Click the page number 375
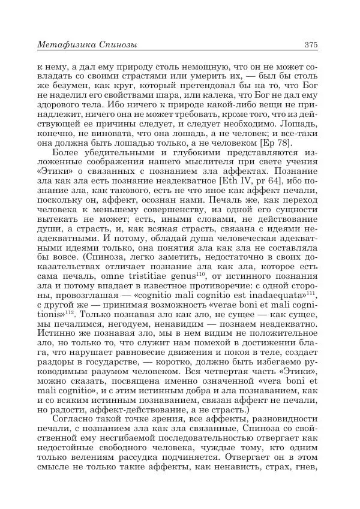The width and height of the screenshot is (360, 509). coord(311,44)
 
